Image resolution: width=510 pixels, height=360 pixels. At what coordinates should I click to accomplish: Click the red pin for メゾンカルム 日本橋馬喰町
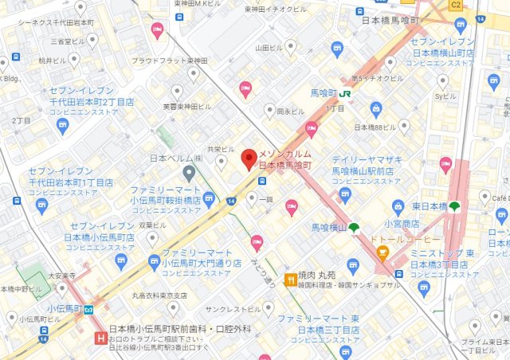(248, 158)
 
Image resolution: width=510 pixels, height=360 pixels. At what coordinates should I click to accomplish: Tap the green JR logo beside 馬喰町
(345, 93)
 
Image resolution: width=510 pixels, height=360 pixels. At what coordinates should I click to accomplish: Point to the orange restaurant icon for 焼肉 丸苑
(291, 279)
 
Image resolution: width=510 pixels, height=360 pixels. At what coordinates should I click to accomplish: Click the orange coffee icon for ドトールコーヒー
(382, 254)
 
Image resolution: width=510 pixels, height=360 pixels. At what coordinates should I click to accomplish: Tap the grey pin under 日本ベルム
(189, 173)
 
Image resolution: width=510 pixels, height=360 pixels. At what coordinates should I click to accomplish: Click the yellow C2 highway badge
(456, 6)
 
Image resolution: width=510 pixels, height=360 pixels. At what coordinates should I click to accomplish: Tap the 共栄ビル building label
(221, 149)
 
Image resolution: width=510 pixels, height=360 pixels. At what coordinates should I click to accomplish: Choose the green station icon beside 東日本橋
(454, 208)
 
